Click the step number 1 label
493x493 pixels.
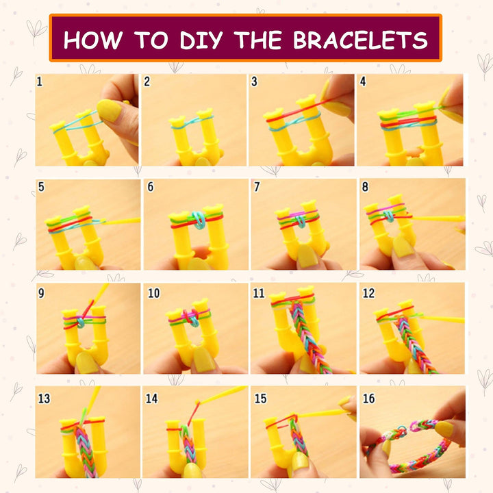click(x=40, y=81)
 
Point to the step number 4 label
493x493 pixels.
click(x=363, y=81)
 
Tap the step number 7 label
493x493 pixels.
click(x=256, y=186)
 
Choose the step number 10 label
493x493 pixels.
click(x=153, y=293)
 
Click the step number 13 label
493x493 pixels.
click(x=44, y=399)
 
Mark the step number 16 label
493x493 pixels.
click(x=368, y=399)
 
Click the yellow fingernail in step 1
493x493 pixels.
click(x=109, y=109)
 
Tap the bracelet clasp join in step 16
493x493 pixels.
click(x=412, y=428)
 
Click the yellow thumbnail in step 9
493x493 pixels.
click(x=87, y=362)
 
